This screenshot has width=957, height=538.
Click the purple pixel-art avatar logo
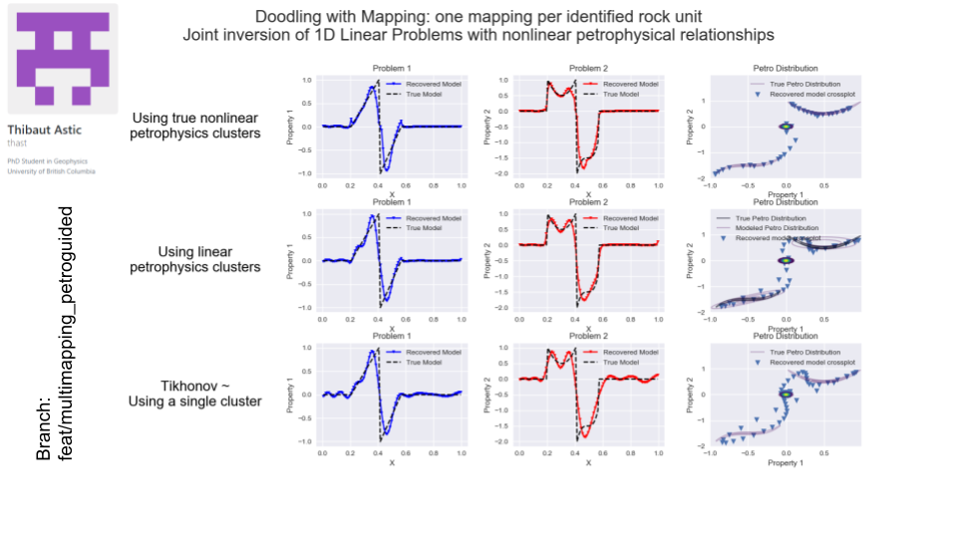(x=62, y=60)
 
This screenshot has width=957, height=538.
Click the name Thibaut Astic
(x=44, y=131)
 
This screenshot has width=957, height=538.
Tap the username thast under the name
(x=19, y=143)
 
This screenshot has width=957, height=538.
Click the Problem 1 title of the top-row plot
(x=391, y=68)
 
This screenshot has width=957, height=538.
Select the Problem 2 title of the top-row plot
(x=588, y=68)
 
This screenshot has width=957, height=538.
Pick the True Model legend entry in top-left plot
(x=436, y=94)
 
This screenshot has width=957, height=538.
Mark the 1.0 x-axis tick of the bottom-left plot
(x=462, y=453)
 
